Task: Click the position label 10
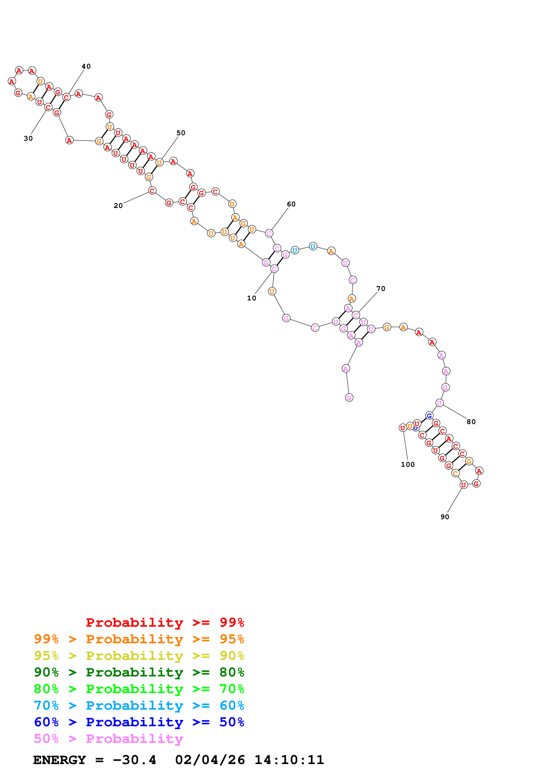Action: pos(252,298)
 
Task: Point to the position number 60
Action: pos(291,204)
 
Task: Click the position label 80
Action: pos(471,422)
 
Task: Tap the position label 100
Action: pos(408,464)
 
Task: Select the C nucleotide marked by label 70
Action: pos(355,315)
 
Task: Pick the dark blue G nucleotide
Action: pos(429,416)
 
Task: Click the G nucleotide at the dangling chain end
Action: pos(349,398)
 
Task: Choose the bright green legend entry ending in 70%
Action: pos(139,689)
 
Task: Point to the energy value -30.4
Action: pos(134,760)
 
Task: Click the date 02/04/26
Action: pos(210,760)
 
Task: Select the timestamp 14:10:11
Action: pos(289,760)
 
